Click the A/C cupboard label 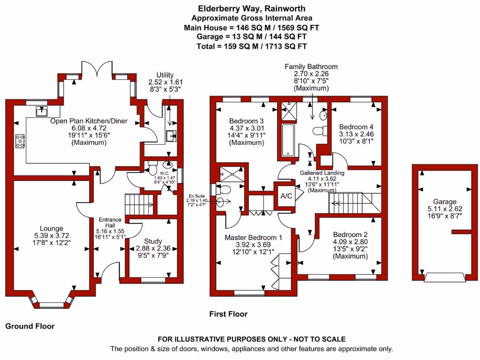pos(286,196)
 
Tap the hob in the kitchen pos(20,141)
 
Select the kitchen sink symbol pos(42,111)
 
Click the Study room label pos(153,241)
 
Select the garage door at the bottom pos(445,277)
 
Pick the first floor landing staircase pos(352,201)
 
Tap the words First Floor pos(228,314)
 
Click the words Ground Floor pos(30,326)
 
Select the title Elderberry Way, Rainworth pos(252,8)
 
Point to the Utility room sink pos(170,135)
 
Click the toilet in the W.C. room pos(152,170)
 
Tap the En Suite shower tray pos(230,172)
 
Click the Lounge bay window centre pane pos(52,305)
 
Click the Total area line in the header pos(252,46)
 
